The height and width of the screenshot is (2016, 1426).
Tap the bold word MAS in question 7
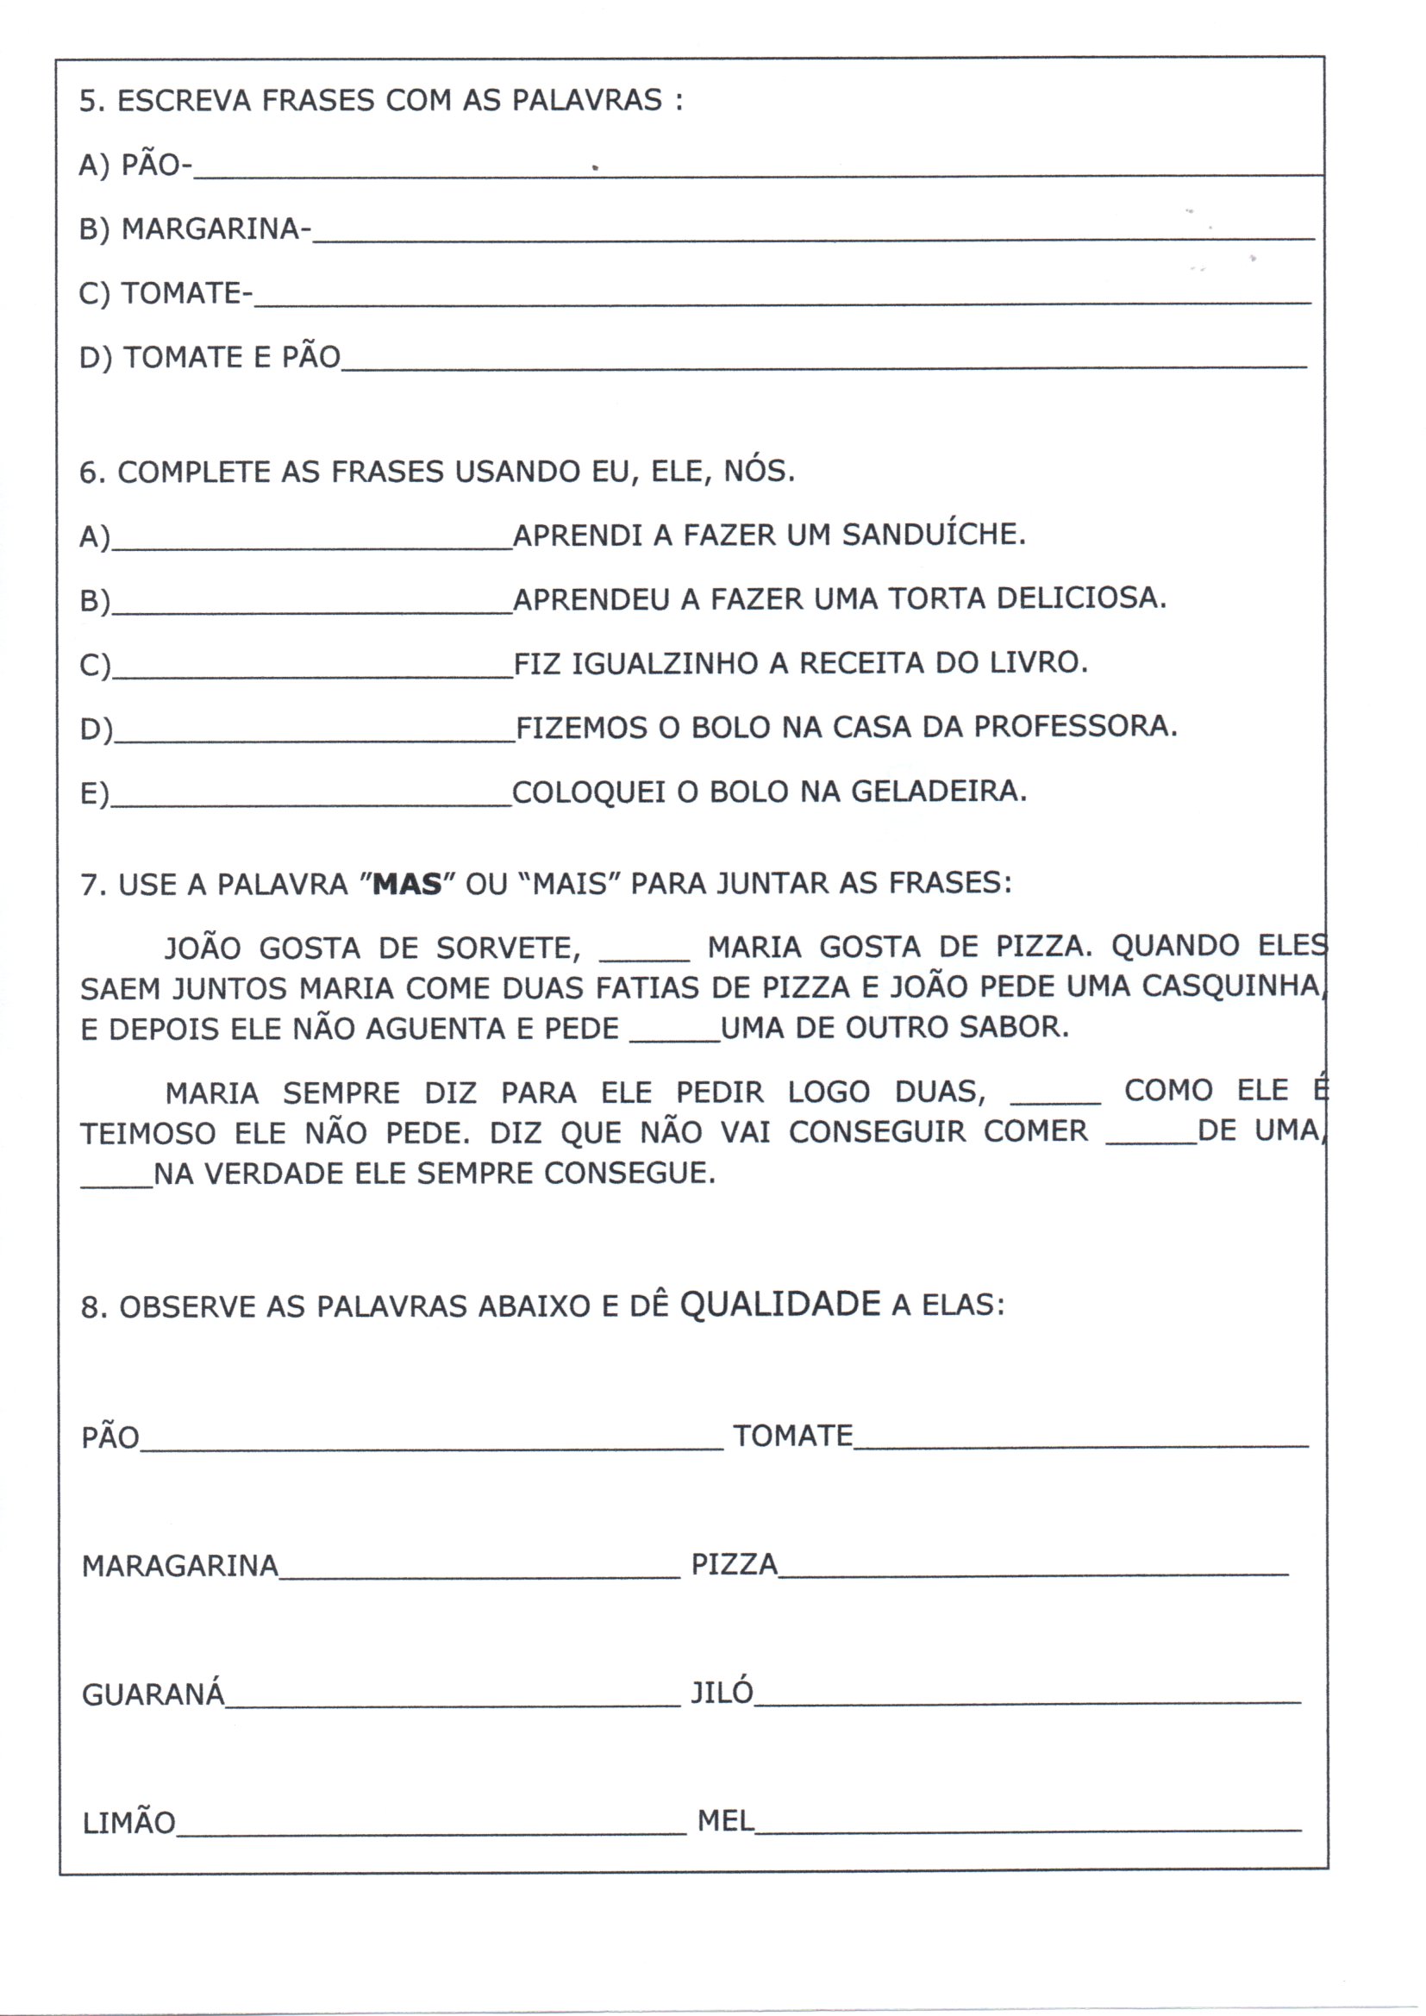(x=408, y=883)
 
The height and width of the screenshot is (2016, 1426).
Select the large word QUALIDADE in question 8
(x=779, y=1304)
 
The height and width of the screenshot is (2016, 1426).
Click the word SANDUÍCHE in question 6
(x=934, y=535)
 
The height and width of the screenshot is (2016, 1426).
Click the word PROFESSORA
(x=1075, y=726)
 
